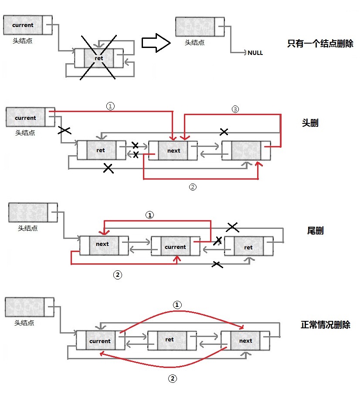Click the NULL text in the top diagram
(x=255, y=53)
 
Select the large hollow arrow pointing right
(x=156, y=43)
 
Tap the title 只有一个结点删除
(x=320, y=44)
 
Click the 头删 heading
(x=310, y=123)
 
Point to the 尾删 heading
(x=315, y=231)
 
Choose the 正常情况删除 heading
(x=326, y=325)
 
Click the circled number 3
(x=235, y=109)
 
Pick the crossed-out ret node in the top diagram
(x=99, y=58)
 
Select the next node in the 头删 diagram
(x=173, y=151)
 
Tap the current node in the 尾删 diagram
(x=176, y=246)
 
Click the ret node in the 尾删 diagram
(x=249, y=246)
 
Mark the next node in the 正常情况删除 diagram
(x=245, y=341)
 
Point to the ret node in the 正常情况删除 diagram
(x=172, y=341)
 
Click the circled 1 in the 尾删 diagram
(x=150, y=215)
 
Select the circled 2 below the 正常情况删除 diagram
(x=173, y=378)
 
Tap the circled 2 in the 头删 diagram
(x=193, y=187)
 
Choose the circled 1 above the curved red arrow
(x=177, y=305)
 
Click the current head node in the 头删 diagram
(x=31, y=117)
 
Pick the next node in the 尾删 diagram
(x=104, y=245)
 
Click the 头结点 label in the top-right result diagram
(x=195, y=43)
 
